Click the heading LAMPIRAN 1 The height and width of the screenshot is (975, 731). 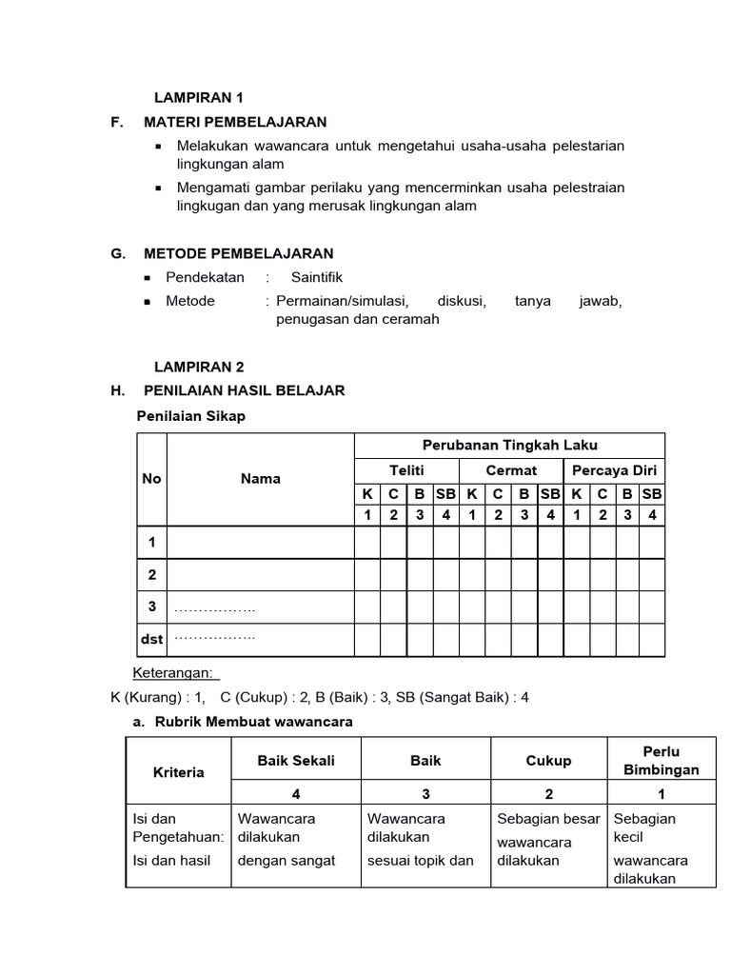200,97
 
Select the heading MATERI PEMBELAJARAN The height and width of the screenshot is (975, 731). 235,122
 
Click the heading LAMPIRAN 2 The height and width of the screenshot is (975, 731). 200,366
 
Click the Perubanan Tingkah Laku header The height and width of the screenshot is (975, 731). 510,446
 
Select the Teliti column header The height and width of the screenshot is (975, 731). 406,470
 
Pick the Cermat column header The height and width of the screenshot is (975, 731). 511,470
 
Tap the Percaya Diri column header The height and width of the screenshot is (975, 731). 614,470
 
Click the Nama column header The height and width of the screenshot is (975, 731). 261,479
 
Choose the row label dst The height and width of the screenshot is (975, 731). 152,639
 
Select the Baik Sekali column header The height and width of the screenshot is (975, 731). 296,761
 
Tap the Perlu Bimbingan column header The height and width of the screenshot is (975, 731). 662,760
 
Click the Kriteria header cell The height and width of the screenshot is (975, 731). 179,772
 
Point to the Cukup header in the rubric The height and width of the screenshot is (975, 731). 548,761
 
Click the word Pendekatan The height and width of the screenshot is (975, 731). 205,277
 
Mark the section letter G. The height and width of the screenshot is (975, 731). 118,253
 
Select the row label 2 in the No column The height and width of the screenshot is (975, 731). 151,575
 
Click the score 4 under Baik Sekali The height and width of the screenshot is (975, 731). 296,794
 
